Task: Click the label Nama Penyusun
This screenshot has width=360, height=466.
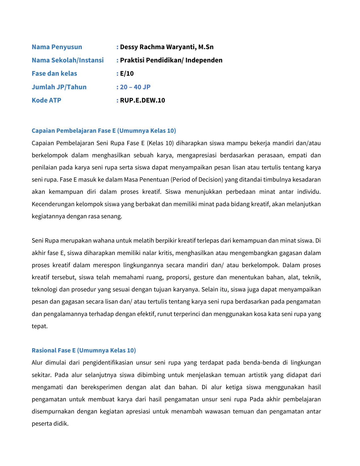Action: click(57, 47)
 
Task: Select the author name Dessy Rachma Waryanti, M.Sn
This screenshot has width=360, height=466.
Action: click(167, 47)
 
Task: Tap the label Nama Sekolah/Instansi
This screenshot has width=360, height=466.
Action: click(67, 60)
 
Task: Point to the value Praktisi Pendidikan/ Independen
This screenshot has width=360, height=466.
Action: click(171, 60)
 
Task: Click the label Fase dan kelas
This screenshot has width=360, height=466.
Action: click(54, 73)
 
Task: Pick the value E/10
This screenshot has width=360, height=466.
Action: click(127, 73)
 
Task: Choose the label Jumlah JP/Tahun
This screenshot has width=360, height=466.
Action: click(59, 87)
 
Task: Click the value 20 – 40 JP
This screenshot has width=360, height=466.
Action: click(135, 87)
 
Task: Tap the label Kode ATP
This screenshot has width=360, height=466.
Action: click(46, 100)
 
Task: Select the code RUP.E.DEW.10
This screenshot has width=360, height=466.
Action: click(142, 100)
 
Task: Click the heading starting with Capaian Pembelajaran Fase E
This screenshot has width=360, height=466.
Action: click(104, 130)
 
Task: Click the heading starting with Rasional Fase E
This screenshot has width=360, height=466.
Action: click(84, 350)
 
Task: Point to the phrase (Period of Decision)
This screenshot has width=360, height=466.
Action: click(197, 180)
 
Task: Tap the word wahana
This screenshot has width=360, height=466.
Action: click(104, 241)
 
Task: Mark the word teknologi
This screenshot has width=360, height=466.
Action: click(45, 289)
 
